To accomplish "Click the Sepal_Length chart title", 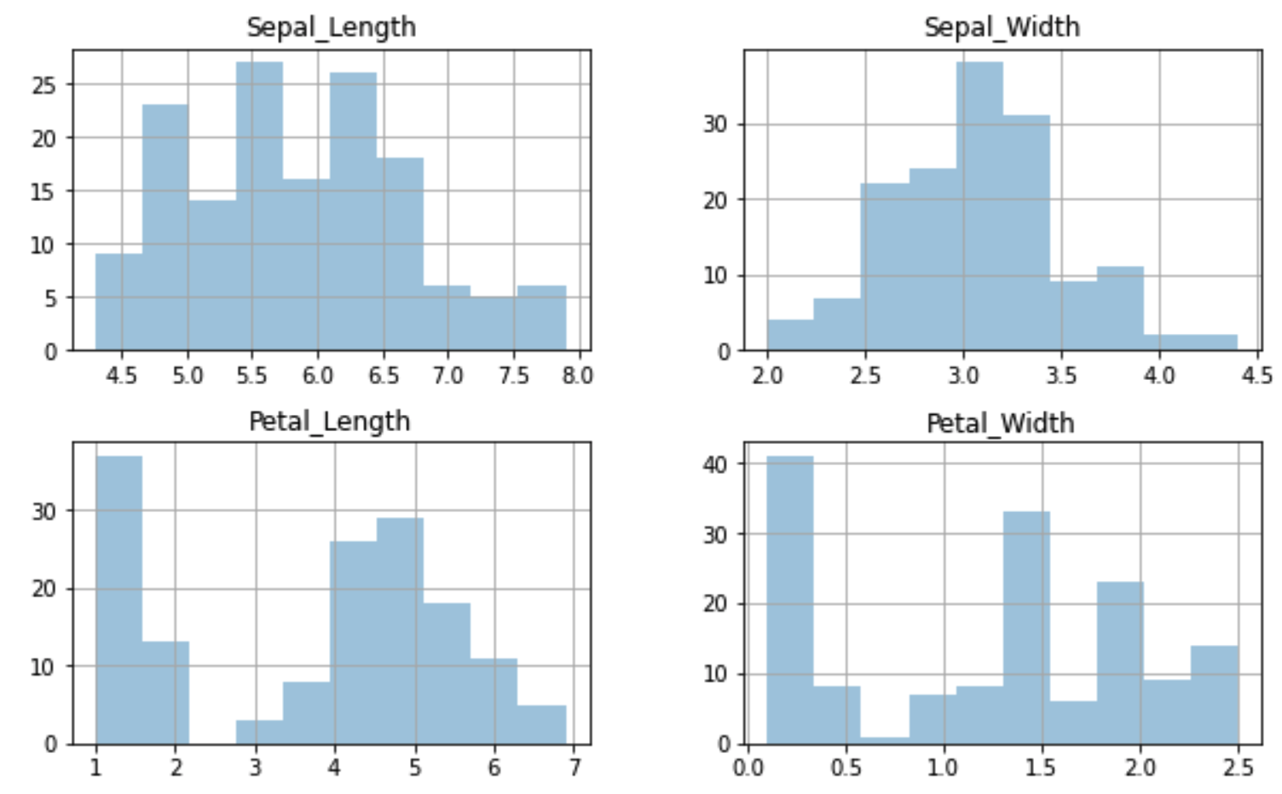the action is (332, 28).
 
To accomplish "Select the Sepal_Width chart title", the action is (1002, 28).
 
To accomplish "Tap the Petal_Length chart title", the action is (330, 423).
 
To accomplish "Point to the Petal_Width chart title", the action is (1000, 424).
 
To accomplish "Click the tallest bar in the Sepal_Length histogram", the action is (259, 206).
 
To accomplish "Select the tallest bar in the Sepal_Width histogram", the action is (979, 206).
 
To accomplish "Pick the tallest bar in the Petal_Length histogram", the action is (119, 600).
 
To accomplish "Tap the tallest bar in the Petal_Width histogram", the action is (790, 600).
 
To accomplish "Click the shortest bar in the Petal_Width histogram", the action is (884, 741).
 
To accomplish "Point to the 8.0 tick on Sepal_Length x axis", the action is (578, 376).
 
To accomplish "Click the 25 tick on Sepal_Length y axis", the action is (44, 85).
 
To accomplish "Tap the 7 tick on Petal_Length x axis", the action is (575, 767).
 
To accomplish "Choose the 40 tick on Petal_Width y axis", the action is (716, 463).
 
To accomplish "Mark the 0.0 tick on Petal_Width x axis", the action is (748, 767).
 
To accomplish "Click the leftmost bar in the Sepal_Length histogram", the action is (119, 302).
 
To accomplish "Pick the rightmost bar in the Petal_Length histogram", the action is (541, 725).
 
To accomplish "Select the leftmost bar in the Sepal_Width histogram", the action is (790, 335).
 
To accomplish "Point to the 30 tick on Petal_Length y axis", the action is (44, 511).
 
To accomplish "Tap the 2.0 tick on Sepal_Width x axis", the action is (767, 376).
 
